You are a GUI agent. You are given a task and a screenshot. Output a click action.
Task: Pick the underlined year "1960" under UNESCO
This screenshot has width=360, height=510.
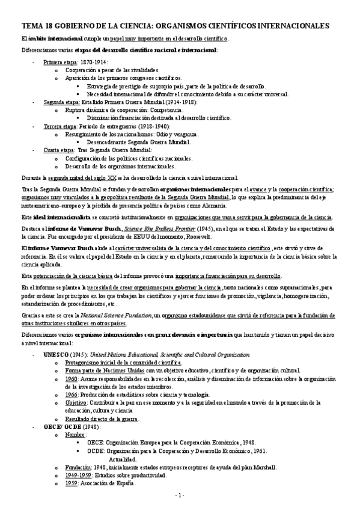coord(72,379)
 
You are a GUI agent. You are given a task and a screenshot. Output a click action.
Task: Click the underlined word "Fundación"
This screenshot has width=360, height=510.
coord(79,467)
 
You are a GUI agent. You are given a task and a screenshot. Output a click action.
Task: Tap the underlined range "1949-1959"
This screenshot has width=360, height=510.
coord(80,475)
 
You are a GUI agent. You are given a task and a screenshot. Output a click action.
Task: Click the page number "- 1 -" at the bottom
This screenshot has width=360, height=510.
coord(180,495)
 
